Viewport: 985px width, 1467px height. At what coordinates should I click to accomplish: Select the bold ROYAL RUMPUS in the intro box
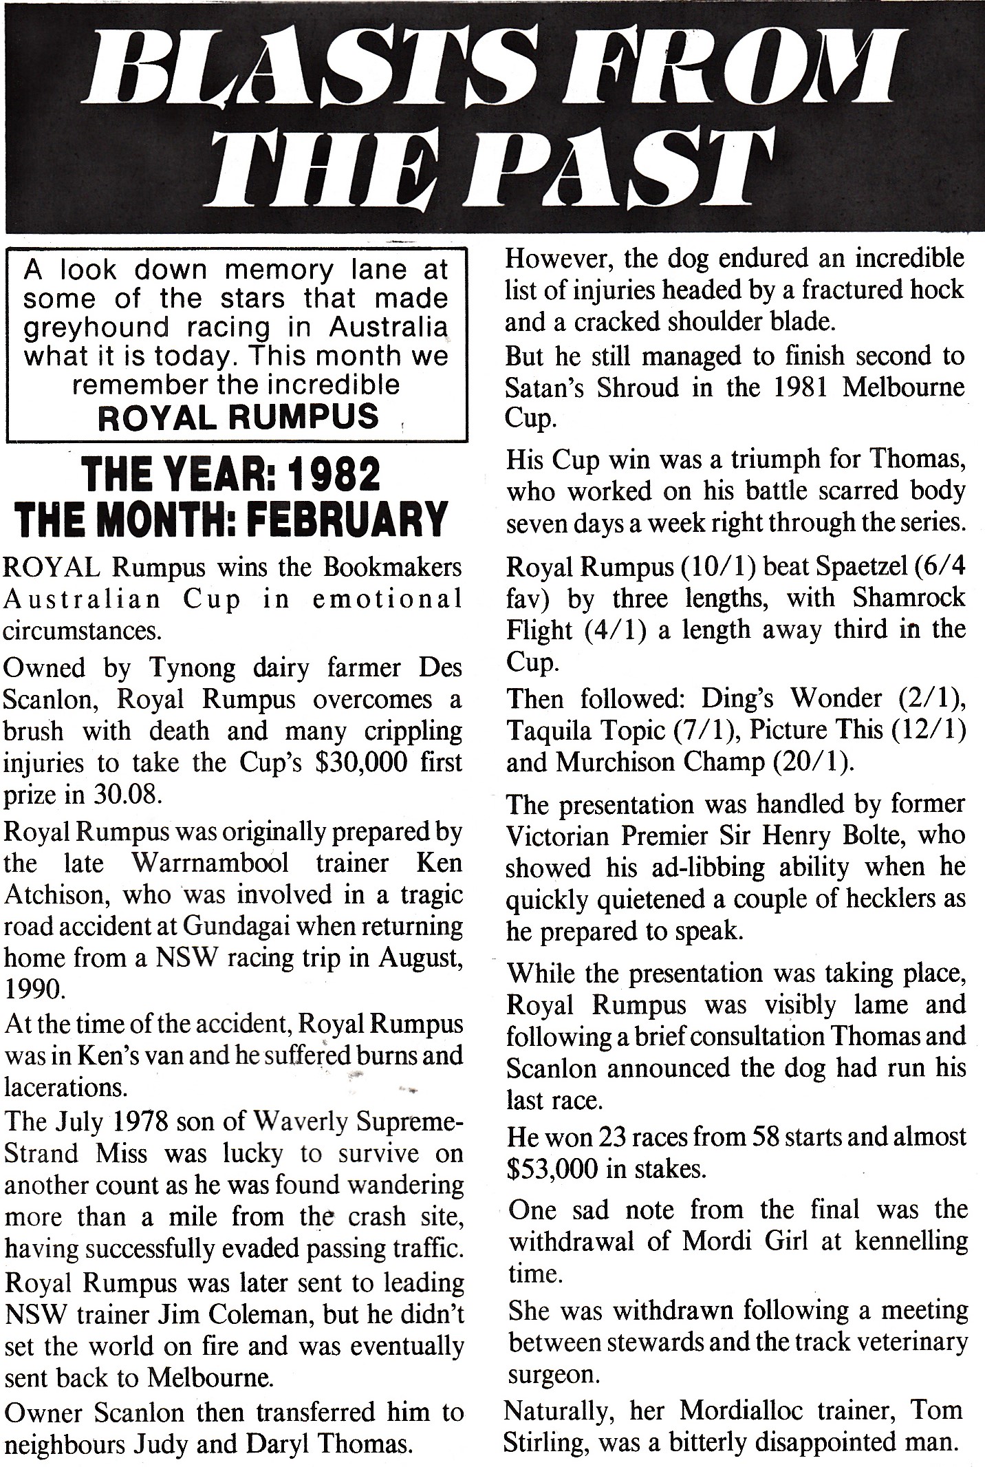pyautogui.click(x=239, y=417)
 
